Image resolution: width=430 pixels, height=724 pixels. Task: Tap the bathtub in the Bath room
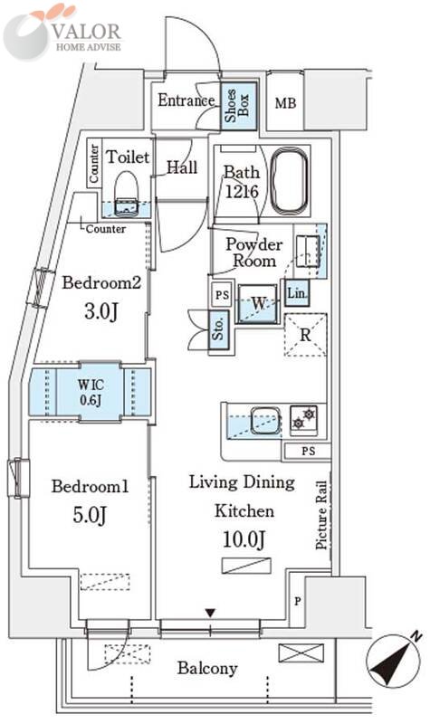click(289, 181)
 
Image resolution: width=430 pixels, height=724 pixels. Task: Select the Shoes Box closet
click(238, 106)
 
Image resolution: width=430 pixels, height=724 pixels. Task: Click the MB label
click(285, 103)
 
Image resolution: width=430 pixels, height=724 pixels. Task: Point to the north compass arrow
click(394, 662)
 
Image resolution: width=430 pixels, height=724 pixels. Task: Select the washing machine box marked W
click(258, 304)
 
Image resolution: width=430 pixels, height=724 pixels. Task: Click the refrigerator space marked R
click(305, 335)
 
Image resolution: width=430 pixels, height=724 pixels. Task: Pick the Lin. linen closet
click(297, 292)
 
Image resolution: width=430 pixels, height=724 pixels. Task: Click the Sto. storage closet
click(219, 329)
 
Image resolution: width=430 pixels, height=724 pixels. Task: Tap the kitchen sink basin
click(265, 420)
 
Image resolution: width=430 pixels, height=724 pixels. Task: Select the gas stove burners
click(304, 418)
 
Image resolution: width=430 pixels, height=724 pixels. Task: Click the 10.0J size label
click(244, 539)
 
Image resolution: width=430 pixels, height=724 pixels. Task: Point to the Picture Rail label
click(321, 515)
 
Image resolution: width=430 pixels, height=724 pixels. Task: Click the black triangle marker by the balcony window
click(211, 614)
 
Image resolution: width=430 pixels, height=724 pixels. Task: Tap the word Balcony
click(207, 668)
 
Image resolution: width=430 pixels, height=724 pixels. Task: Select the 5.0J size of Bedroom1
click(90, 515)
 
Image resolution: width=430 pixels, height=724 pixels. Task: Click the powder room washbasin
click(307, 251)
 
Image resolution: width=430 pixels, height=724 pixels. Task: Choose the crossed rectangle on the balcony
click(301, 653)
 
